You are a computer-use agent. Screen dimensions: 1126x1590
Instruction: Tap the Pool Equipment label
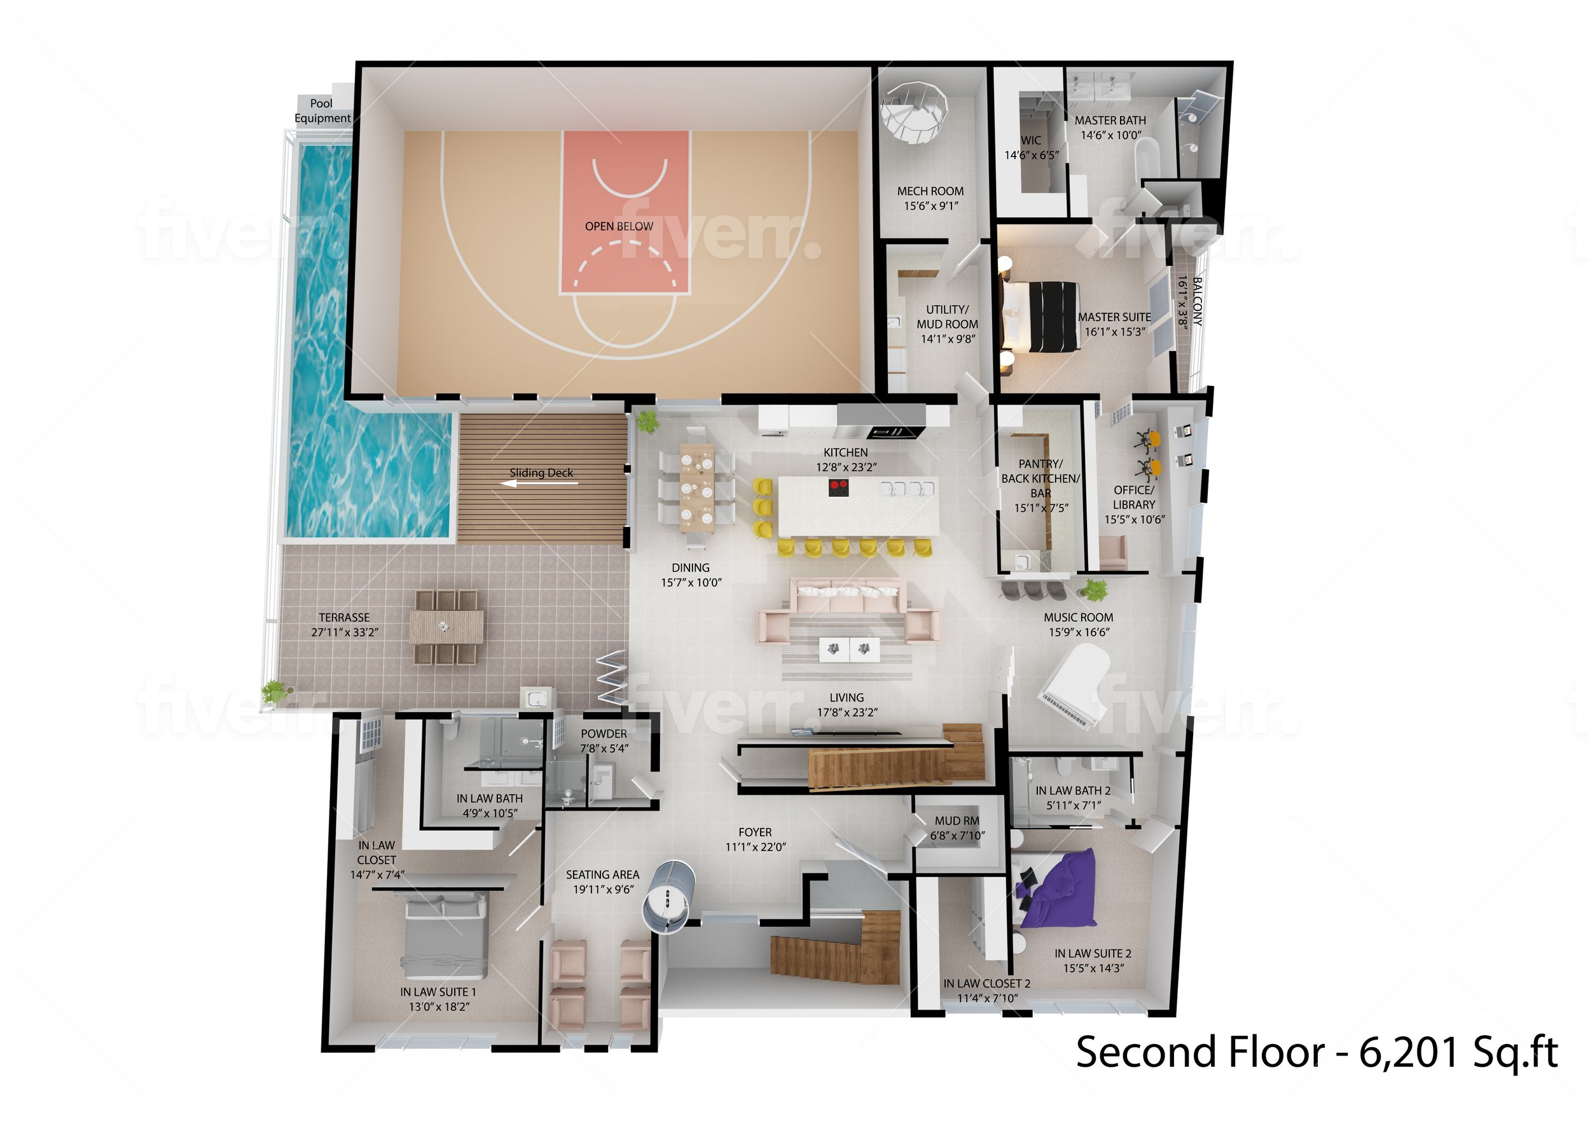pyautogui.click(x=322, y=111)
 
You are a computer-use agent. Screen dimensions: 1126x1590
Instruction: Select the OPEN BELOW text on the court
pyautogui.click(x=619, y=226)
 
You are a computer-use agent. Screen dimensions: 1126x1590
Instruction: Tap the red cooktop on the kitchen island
pyautogui.click(x=839, y=488)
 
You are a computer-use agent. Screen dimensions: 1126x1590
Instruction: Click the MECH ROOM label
pyautogui.click(x=930, y=191)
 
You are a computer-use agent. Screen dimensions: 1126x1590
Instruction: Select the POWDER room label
pyautogui.click(x=604, y=734)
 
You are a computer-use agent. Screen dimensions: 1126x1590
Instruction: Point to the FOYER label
pyautogui.click(x=754, y=832)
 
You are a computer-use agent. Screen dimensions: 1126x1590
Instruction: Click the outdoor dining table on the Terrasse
pyautogui.click(x=446, y=627)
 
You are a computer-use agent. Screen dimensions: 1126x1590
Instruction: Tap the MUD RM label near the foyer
pyautogui.click(x=957, y=821)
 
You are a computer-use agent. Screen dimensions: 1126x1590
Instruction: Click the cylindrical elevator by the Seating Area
pyautogui.click(x=668, y=895)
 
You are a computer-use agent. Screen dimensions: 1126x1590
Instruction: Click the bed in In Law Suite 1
pyautogui.click(x=445, y=933)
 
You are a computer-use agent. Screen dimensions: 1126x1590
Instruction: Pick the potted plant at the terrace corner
pyautogui.click(x=275, y=690)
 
